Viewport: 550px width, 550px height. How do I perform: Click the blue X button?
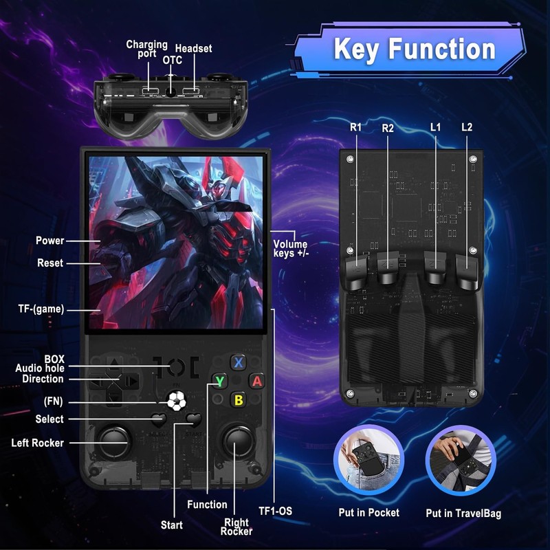(x=239, y=362)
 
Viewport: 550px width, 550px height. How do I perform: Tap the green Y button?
(x=220, y=381)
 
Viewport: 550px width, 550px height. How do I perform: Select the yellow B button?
(x=239, y=400)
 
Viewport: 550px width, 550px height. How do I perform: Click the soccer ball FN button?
(x=177, y=401)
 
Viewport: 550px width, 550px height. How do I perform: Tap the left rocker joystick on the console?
(x=114, y=441)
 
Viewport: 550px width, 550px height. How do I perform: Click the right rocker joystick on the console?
(x=238, y=441)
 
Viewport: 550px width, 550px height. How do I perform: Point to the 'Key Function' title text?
(x=415, y=49)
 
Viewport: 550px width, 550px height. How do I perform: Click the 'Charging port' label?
(x=147, y=49)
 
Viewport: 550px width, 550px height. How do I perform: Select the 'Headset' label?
(x=194, y=48)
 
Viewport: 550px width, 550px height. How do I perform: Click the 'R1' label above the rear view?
(x=355, y=127)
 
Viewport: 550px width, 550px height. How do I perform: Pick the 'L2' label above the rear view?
(x=467, y=127)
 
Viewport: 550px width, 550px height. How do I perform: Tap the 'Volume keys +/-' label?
(x=290, y=249)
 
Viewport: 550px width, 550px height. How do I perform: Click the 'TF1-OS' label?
(x=276, y=511)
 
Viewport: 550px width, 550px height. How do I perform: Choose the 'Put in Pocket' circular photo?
(x=368, y=459)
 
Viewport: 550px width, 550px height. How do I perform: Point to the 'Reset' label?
(x=50, y=263)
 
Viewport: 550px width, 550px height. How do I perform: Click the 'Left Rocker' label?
(x=38, y=443)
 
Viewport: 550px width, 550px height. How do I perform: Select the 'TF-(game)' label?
(x=41, y=309)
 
